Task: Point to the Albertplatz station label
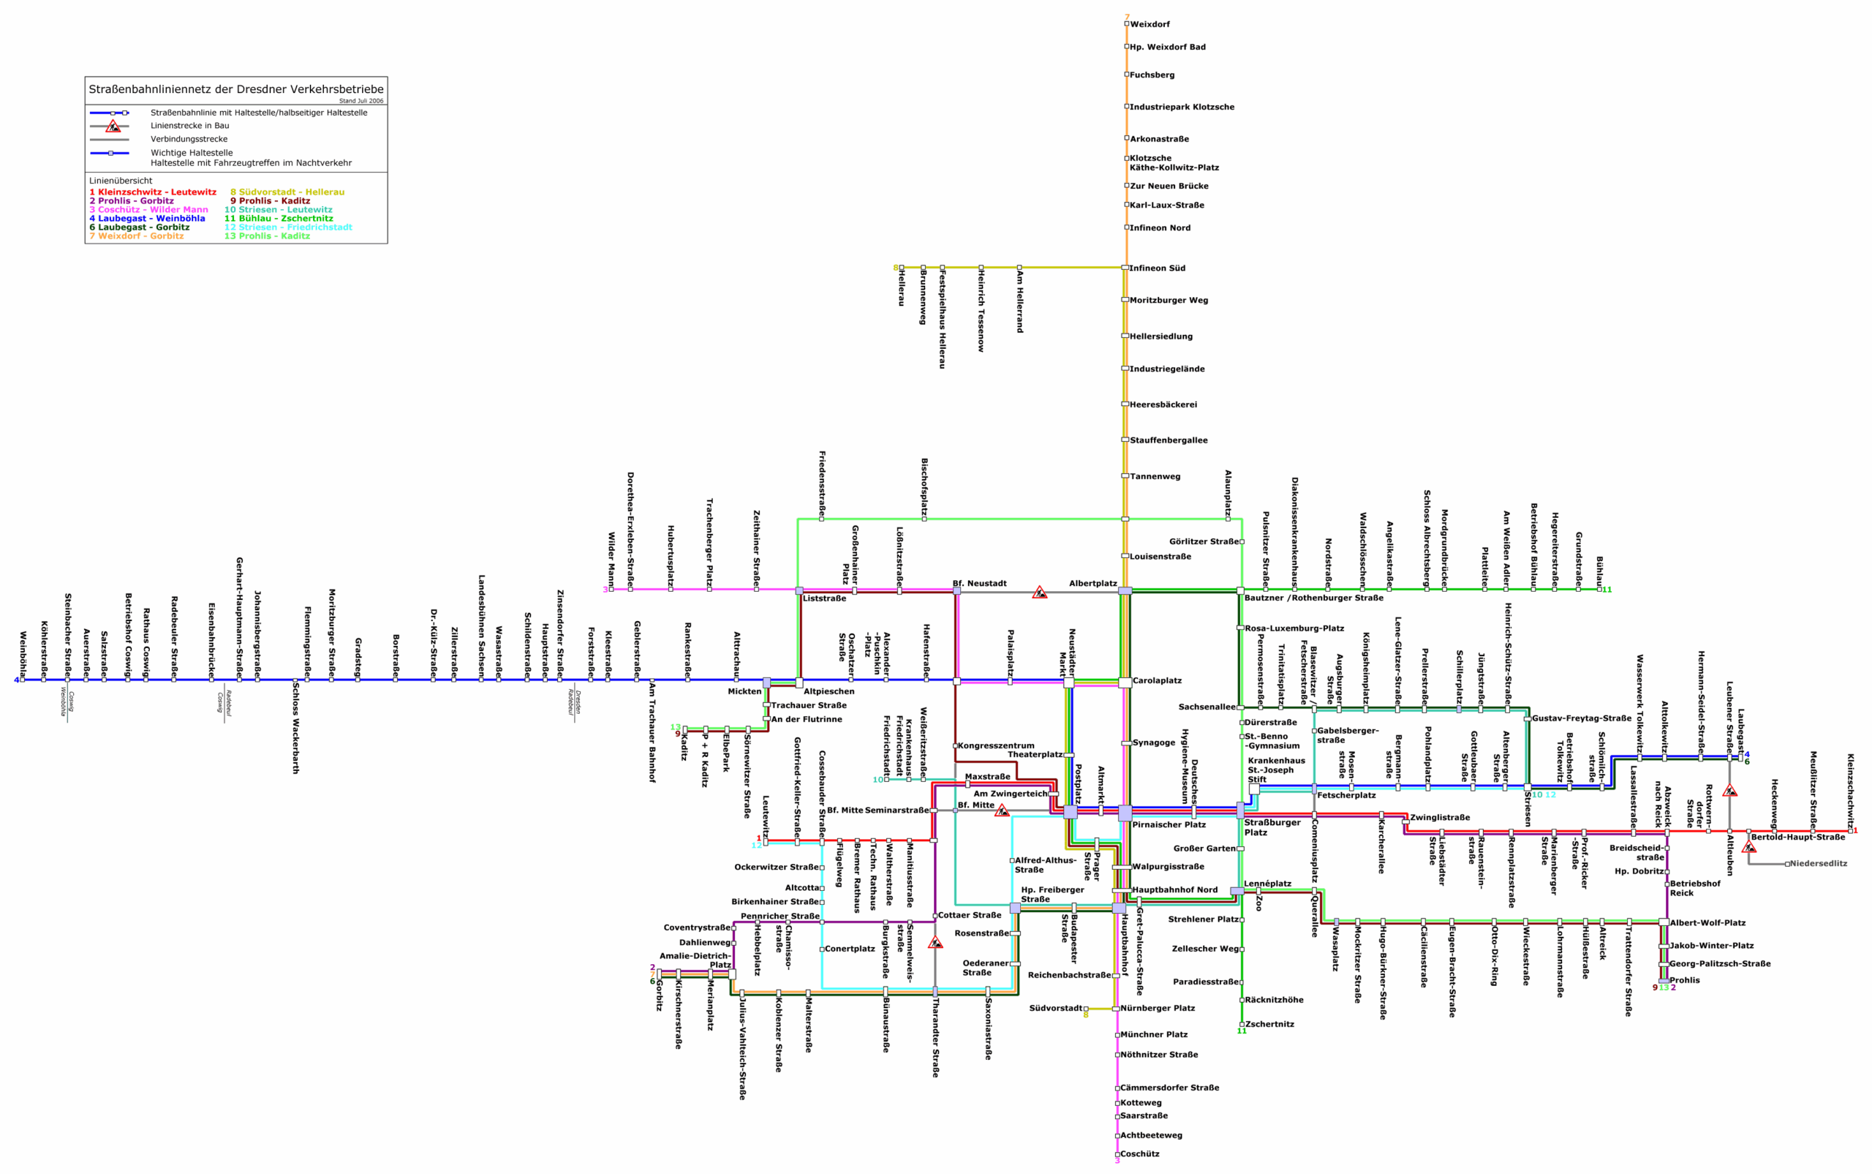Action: (x=1092, y=583)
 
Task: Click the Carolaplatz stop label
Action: (x=1156, y=680)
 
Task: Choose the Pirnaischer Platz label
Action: (x=1169, y=824)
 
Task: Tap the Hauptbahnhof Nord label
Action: (x=1174, y=889)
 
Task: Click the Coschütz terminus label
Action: (x=1139, y=1154)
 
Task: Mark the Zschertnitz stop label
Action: (x=1269, y=1024)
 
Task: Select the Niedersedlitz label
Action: (x=1819, y=863)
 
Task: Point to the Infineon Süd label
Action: (x=1156, y=268)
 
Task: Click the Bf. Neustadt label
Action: (x=979, y=583)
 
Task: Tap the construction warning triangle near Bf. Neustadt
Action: (x=1040, y=593)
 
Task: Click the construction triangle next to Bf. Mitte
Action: (x=1002, y=810)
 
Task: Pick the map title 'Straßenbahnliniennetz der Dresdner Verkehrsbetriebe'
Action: (x=236, y=89)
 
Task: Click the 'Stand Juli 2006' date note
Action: (x=361, y=101)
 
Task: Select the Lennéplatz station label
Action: (x=1267, y=884)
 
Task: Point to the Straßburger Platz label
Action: (x=1261, y=827)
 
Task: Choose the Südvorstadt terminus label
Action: (x=1055, y=1008)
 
